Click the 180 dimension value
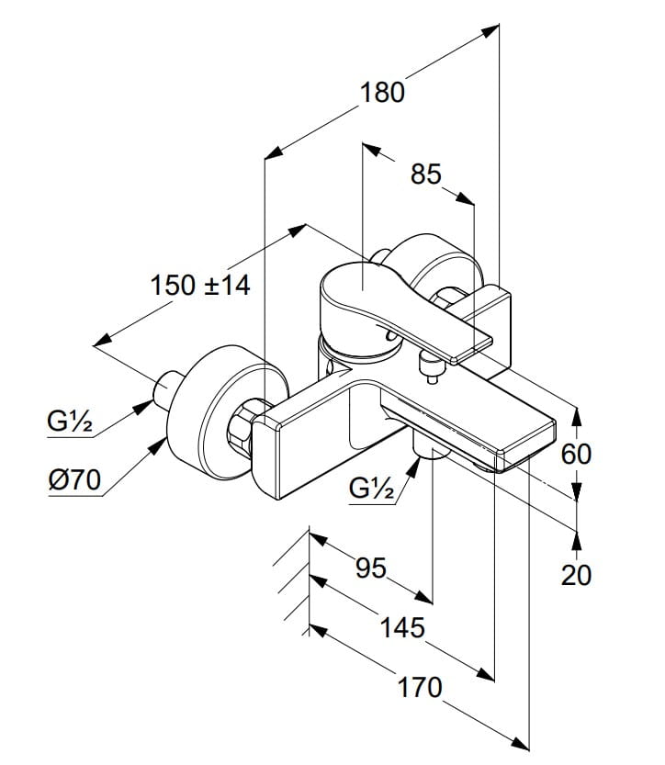(x=382, y=93)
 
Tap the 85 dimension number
(x=425, y=174)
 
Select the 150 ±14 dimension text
(x=200, y=286)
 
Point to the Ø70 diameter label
(x=74, y=480)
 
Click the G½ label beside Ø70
(x=69, y=421)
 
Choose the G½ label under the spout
(x=372, y=488)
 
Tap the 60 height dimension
(x=576, y=455)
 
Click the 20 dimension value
(x=576, y=575)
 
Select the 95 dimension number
(x=371, y=568)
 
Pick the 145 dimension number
(x=402, y=627)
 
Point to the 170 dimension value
(x=420, y=688)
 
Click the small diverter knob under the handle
(x=429, y=366)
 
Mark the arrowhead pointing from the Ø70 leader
(x=158, y=446)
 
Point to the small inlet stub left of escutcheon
(x=166, y=388)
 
